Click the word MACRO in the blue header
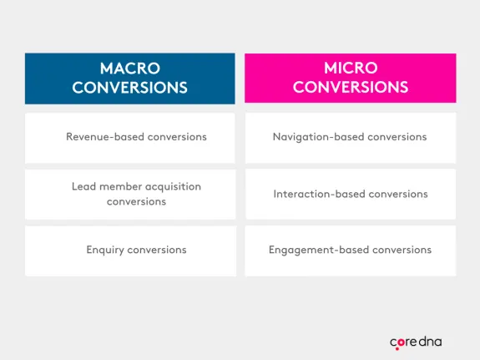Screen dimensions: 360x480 129,68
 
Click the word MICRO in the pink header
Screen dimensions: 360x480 351,68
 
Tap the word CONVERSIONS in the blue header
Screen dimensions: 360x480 129,87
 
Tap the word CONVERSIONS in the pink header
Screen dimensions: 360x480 351,87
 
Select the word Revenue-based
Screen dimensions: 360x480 104,136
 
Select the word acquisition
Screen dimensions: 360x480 172,186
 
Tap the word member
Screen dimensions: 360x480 119,186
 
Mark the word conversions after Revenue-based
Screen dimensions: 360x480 176,136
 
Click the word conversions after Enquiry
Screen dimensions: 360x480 158,250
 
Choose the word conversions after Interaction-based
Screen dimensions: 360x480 398,194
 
